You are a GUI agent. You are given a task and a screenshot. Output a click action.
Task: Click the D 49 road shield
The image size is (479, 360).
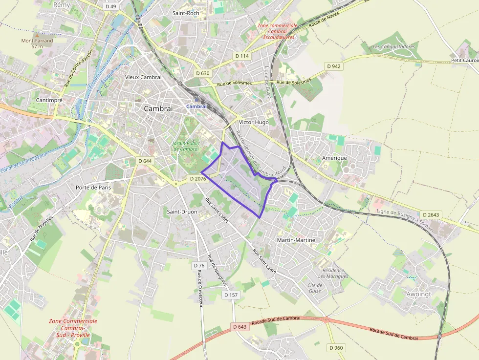tap(110, 6)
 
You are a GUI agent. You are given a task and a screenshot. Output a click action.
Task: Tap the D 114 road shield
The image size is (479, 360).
tap(242, 56)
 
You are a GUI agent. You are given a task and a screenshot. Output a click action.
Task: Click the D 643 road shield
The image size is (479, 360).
tap(240, 326)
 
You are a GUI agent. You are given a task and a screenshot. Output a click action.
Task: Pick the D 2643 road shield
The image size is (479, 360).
tap(431, 215)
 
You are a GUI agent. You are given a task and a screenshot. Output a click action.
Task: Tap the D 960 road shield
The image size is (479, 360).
tap(336, 348)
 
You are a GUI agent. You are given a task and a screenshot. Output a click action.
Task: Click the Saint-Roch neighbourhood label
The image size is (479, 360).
tap(186, 13)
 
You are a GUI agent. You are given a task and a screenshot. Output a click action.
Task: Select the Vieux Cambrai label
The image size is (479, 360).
tap(143, 77)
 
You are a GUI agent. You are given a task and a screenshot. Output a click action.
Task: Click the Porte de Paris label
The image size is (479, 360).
tap(93, 187)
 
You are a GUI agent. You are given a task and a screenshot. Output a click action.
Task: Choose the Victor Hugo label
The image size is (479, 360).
tap(254, 122)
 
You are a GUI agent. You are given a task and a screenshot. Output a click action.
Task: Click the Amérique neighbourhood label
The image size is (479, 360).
tap(334, 158)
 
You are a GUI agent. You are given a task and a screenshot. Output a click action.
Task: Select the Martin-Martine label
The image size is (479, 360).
tap(296, 240)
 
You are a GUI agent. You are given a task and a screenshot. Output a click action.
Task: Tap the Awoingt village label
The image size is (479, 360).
tap(419, 294)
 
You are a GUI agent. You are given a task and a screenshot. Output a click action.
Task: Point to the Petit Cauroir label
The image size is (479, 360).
tap(464, 61)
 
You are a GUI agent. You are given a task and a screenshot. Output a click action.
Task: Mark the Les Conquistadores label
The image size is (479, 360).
tap(393, 47)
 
